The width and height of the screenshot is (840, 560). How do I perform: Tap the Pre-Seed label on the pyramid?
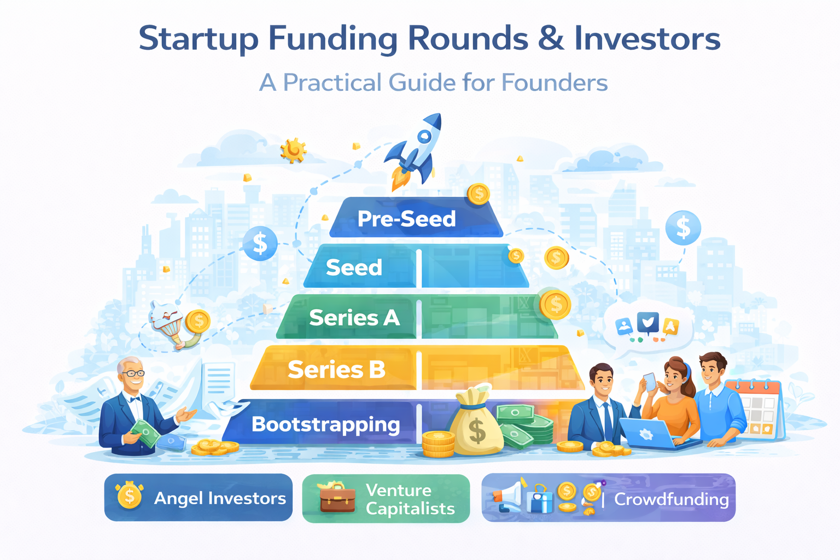[406, 219]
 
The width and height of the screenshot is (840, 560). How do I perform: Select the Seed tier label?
[354, 267]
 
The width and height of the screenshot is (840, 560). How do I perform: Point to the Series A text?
[354, 318]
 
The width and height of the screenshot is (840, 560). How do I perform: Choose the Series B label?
[336, 370]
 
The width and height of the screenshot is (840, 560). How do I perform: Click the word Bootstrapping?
[325, 424]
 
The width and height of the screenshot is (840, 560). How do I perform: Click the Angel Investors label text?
[220, 498]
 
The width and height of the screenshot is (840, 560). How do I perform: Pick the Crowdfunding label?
[671, 499]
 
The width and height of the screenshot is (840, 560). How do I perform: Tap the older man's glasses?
[133, 374]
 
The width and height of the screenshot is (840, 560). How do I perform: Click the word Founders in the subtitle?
[554, 83]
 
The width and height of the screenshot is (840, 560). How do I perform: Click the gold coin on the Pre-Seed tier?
[479, 194]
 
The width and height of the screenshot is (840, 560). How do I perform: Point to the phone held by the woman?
[650, 381]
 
